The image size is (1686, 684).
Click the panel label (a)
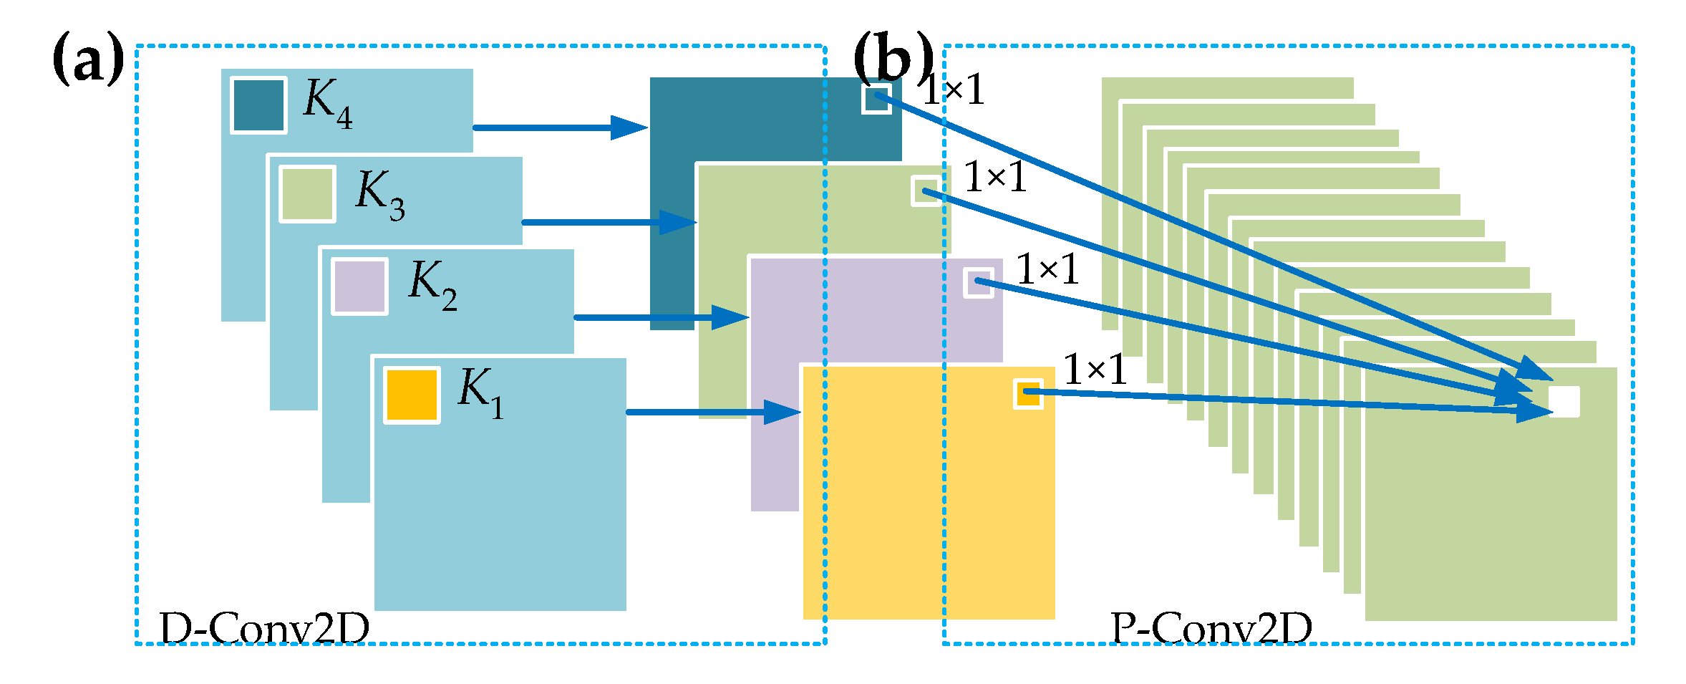click(88, 62)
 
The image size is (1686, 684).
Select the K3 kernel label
click(379, 196)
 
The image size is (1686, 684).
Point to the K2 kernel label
click(432, 285)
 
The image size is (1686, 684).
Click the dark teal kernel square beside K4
click(258, 105)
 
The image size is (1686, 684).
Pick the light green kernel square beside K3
click(307, 194)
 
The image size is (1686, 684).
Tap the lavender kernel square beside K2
click(359, 286)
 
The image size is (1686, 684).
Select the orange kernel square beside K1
click(412, 395)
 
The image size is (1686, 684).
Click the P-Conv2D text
click(1211, 629)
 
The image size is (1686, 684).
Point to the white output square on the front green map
click(1564, 402)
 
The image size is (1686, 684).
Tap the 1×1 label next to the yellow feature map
click(1095, 370)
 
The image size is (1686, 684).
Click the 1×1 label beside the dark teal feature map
click(953, 91)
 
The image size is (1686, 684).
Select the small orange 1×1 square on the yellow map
click(1028, 394)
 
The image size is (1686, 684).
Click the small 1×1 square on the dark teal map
click(876, 99)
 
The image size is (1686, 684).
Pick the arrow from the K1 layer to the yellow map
click(712, 412)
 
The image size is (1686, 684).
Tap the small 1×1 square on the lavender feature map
click(978, 282)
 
